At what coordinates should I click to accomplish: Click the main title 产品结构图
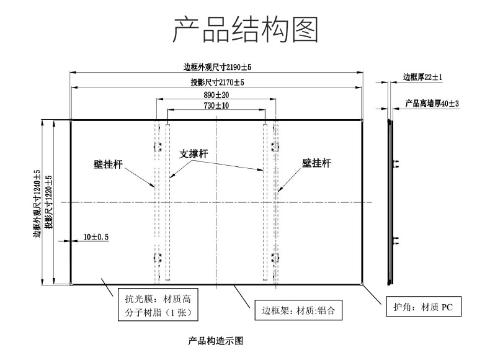coord(246,29)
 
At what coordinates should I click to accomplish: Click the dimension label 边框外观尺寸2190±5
coord(217,67)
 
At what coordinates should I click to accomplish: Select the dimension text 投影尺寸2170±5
coord(218,83)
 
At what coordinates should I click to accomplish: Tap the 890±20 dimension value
coord(216,95)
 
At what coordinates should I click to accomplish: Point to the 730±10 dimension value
coord(216,106)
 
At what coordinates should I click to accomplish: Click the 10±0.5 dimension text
coord(96,237)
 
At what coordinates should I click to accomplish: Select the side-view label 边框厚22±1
coord(422,77)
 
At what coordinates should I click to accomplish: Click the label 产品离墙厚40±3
coord(432,104)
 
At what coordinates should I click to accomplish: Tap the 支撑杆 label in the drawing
coord(194,154)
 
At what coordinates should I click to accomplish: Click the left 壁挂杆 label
coord(108,164)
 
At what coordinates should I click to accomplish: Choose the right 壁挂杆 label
coord(316,163)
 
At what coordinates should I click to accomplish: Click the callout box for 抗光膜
coord(158,305)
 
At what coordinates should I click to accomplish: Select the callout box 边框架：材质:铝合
coord(298,310)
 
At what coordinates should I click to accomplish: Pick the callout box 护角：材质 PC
coord(424,307)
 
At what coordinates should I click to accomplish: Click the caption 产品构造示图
coord(216,341)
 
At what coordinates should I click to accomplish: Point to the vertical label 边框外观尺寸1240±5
coord(37,204)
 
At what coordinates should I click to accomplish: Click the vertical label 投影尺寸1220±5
coord(48,202)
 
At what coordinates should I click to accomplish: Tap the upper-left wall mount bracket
coord(158,146)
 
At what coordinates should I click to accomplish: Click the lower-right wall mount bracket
coord(275,258)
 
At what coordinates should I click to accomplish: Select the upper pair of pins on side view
coord(396,164)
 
